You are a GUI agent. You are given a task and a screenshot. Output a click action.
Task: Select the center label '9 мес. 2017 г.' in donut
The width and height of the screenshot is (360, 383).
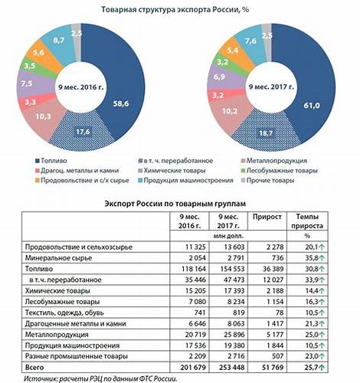click(x=268, y=86)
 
